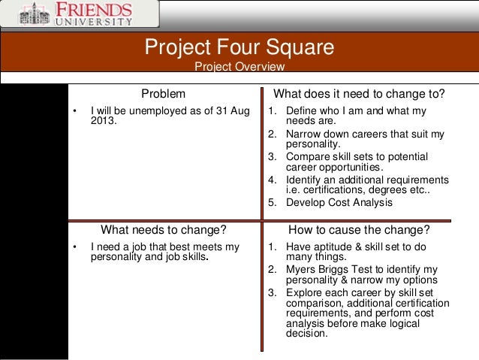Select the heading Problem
click(x=164, y=95)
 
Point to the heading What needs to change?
click(x=164, y=229)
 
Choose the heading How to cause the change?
click(x=359, y=229)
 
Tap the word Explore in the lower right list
click(x=304, y=292)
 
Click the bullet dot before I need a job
click(x=74, y=246)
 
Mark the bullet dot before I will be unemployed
click(x=74, y=111)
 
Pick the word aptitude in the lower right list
click(x=332, y=246)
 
